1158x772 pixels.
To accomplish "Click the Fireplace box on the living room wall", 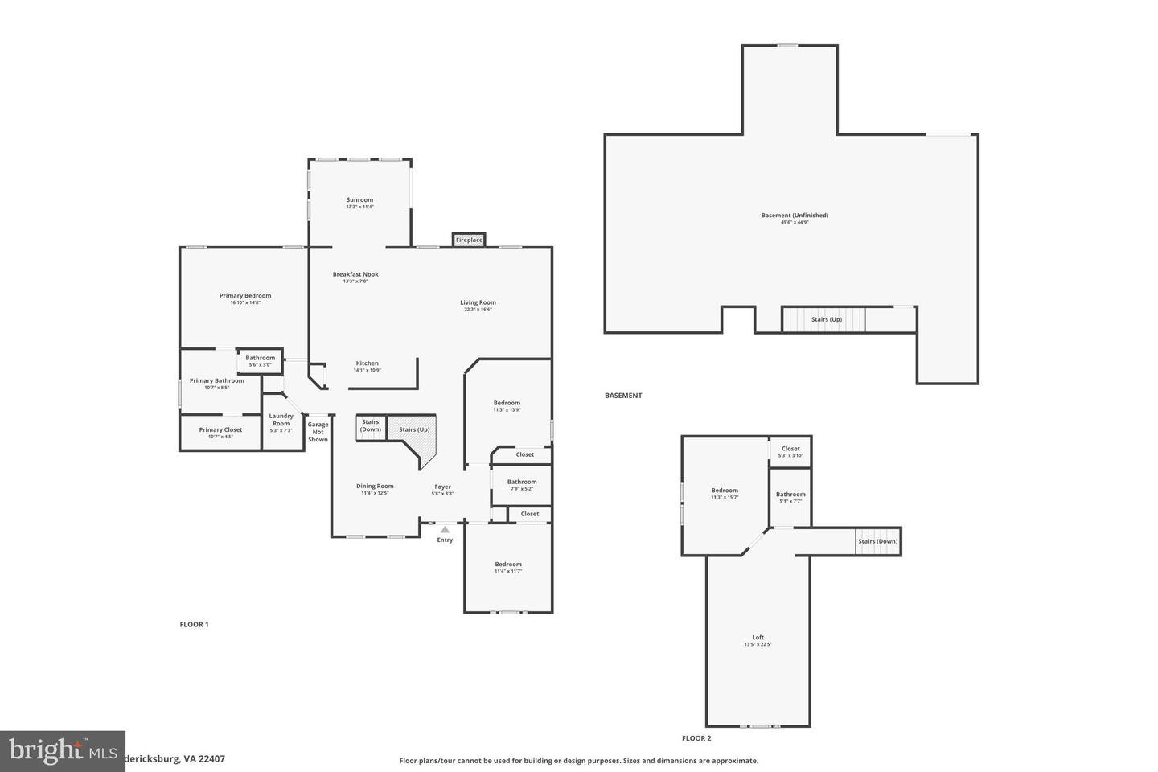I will [x=469, y=240].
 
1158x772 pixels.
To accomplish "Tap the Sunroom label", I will [x=359, y=200].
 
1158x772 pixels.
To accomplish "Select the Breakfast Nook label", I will [x=355, y=274].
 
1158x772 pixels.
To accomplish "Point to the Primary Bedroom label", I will [x=245, y=296].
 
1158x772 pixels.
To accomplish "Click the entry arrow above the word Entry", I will [x=445, y=529].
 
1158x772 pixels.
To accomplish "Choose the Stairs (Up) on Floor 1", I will [x=414, y=429].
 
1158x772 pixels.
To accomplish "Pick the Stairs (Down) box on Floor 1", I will [x=371, y=426].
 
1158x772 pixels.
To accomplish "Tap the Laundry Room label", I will [x=281, y=420].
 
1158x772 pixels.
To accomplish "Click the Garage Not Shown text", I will [x=318, y=432].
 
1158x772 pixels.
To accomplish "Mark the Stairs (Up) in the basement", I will [x=826, y=319].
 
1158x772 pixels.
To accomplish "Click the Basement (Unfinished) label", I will [x=795, y=216].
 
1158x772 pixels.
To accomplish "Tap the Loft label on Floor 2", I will [x=758, y=638].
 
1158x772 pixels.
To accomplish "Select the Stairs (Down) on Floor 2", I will [x=877, y=541].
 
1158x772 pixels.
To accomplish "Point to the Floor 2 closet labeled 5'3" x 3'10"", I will [x=790, y=451].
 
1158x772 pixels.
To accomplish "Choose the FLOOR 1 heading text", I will [x=194, y=624].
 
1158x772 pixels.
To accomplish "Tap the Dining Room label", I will [x=375, y=486].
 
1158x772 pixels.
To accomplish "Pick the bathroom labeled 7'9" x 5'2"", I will [x=521, y=485].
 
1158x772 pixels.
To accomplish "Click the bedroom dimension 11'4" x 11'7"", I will [x=508, y=571].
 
